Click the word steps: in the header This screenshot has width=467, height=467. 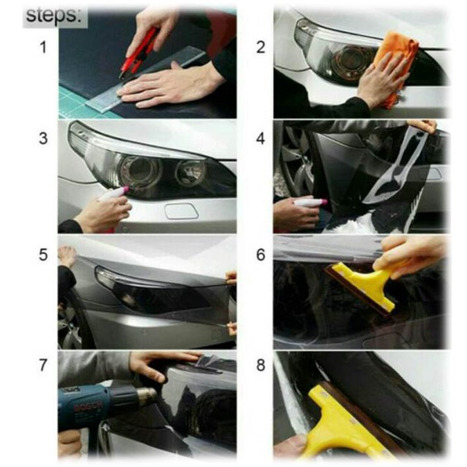[x=53, y=15]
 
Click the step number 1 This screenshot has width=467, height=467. [x=44, y=48]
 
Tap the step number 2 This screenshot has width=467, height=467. [x=261, y=48]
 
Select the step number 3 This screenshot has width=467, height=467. [x=44, y=138]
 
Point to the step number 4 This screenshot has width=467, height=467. [x=261, y=138]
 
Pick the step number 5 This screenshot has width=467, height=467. [x=44, y=255]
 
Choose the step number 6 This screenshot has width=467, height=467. [x=261, y=255]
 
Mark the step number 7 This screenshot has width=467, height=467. [x=44, y=365]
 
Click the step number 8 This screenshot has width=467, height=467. [x=261, y=365]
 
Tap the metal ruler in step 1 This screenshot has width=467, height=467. [x=146, y=80]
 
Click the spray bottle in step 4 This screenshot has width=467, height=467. [x=310, y=203]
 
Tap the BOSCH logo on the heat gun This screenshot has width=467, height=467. [x=87, y=405]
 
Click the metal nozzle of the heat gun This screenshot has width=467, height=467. [x=145, y=396]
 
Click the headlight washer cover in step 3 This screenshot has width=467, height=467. [x=182, y=211]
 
